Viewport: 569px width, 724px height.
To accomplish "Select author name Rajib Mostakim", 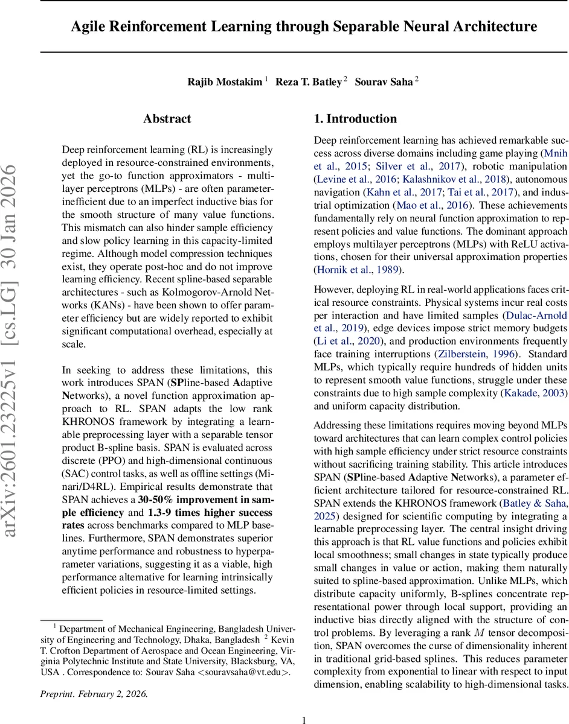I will tap(225, 82).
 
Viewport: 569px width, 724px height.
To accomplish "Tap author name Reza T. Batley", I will tap(308, 82).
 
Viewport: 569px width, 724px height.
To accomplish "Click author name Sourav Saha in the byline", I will tap(384, 82).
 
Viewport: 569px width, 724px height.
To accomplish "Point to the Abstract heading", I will tap(167, 119).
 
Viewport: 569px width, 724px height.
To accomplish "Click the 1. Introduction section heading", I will tap(355, 119).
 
